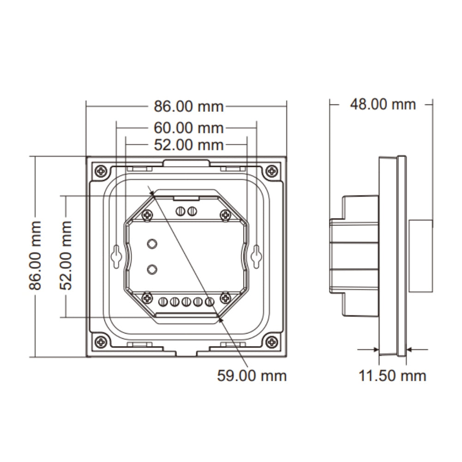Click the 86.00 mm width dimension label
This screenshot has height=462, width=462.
click(x=188, y=107)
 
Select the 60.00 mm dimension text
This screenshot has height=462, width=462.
click(x=188, y=127)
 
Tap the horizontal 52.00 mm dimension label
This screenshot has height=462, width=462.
click(x=188, y=145)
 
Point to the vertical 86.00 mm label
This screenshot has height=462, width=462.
click(x=35, y=255)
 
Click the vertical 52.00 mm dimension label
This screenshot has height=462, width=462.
click(x=67, y=255)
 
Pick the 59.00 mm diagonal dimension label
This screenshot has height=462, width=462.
click(x=252, y=376)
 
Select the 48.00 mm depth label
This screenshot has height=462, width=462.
click(x=383, y=104)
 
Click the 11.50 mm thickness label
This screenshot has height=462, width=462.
click(x=393, y=376)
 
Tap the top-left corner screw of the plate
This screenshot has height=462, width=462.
click(x=101, y=171)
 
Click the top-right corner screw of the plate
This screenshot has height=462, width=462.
click(x=273, y=171)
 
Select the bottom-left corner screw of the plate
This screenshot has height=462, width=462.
click(x=101, y=342)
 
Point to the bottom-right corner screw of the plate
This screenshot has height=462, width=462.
click(x=273, y=342)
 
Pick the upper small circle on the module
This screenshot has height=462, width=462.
click(x=151, y=243)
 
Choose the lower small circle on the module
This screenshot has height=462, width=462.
click(x=151, y=268)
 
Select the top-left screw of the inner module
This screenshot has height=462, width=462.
click(x=147, y=214)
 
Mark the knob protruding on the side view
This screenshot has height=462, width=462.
click(x=421, y=256)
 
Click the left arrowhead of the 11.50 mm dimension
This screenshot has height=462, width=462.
click(x=376, y=350)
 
